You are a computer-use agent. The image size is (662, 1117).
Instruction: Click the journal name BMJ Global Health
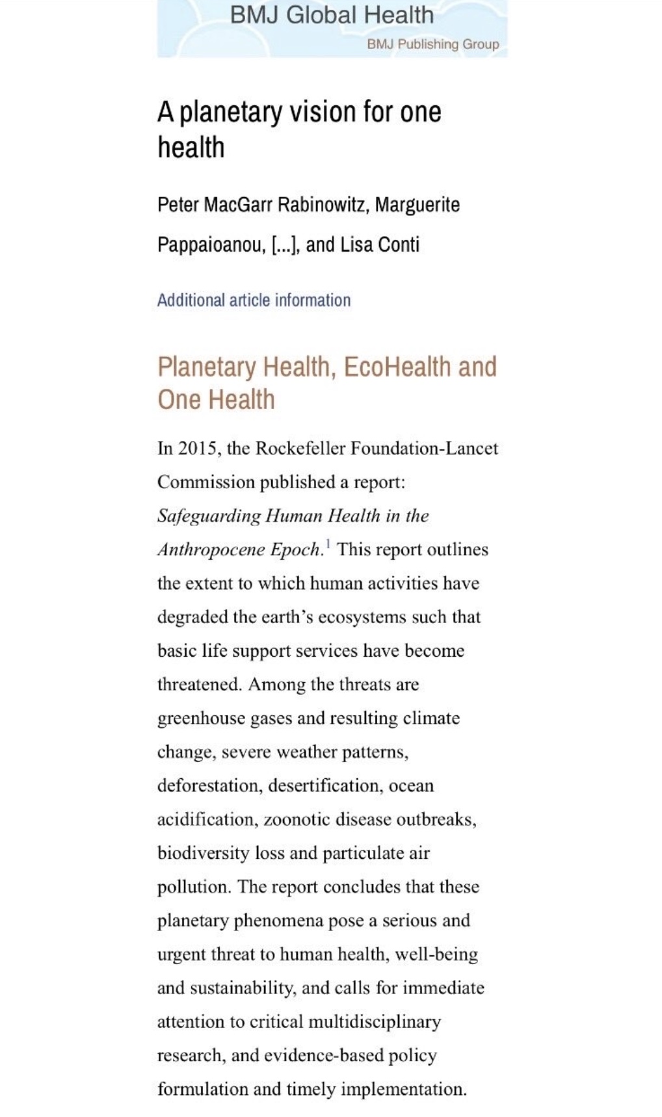332,15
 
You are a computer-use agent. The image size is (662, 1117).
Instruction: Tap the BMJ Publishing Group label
432,44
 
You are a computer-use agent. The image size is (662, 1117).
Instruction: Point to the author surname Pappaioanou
211,245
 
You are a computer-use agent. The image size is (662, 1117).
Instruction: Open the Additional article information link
254,300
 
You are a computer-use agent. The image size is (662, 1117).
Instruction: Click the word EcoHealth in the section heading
397,367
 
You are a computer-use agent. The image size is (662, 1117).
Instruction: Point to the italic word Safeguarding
209,516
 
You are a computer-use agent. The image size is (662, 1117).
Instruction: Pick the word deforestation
209,786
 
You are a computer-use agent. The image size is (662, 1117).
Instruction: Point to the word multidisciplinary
375,1022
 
